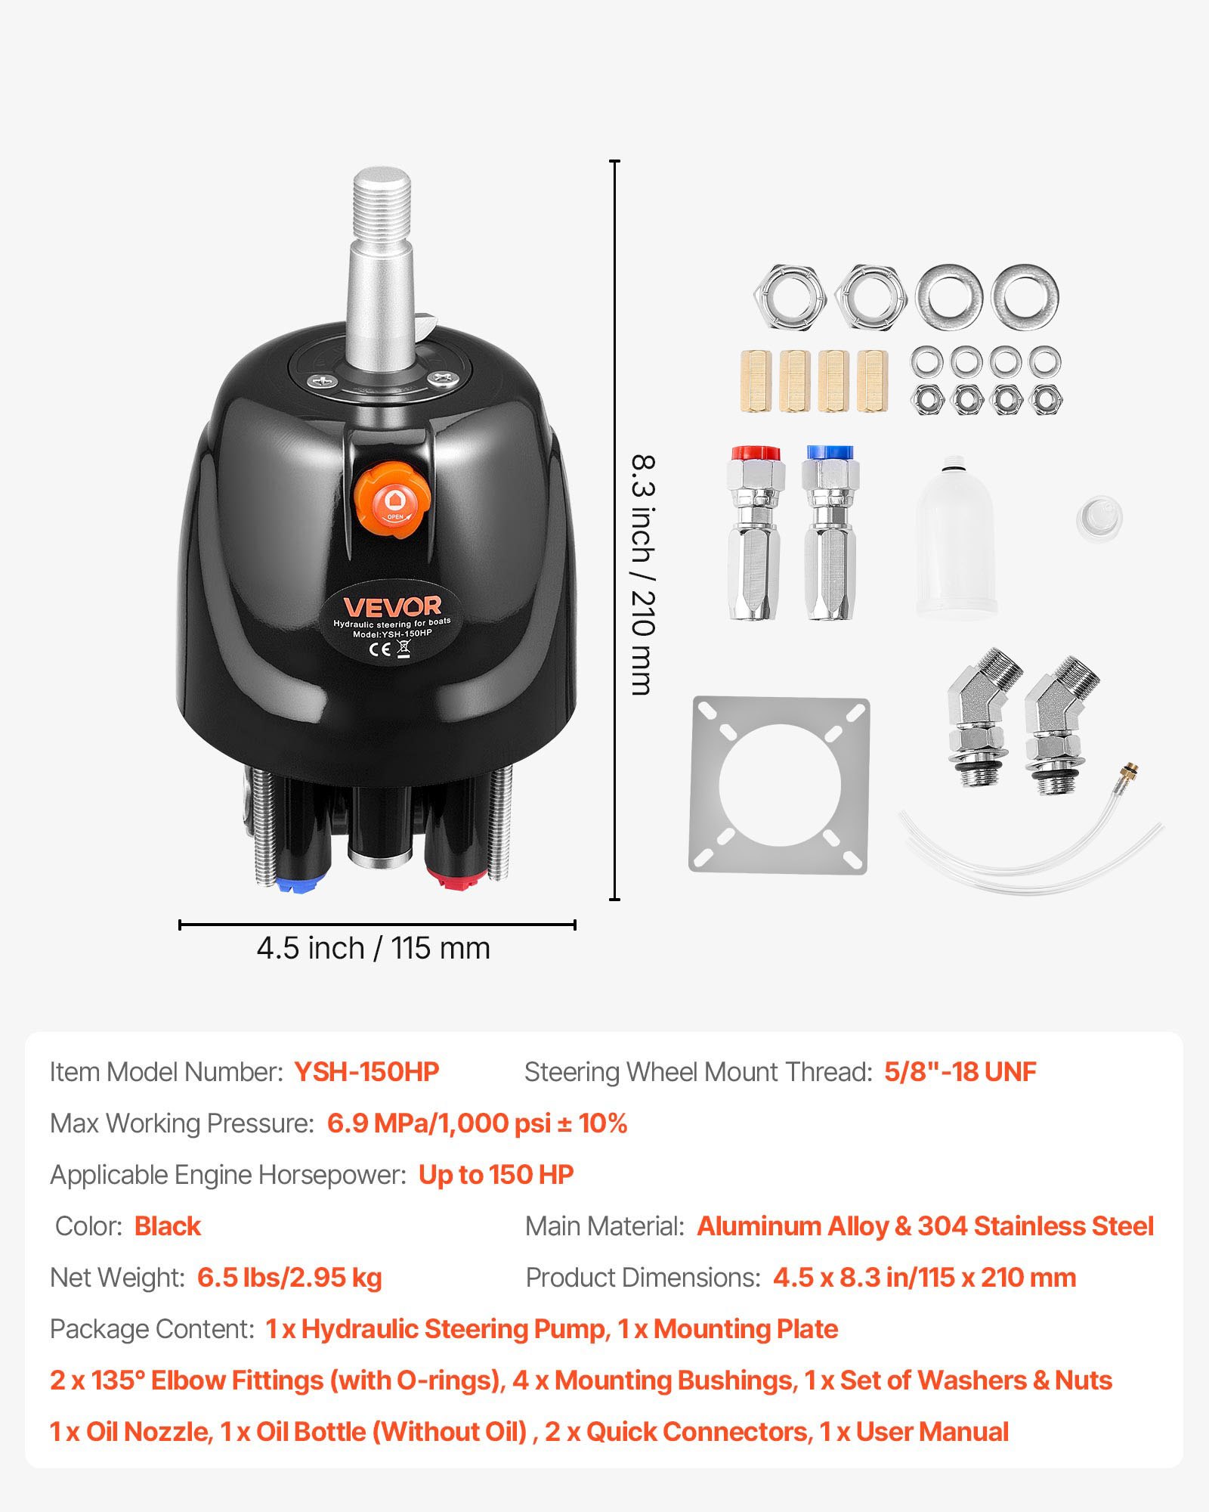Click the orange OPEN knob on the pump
pos(393,500)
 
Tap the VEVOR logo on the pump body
pos(392,606)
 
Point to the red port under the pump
pos(456,877)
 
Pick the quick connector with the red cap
pos(755,533)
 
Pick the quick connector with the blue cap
pos(830,533)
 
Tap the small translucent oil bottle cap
pos(1099,518)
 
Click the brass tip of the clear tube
pos(1130,773)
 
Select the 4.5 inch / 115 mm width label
pos(373,948)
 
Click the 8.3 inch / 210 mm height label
pos(642,575)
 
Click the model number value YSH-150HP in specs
pos(366,1072)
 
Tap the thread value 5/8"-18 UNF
pos(960,1072)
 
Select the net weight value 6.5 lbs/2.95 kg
pos(289,1278)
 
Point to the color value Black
pos(168,1226)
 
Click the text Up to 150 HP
pos(496,1175)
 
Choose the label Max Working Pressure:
pos(182,1123)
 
